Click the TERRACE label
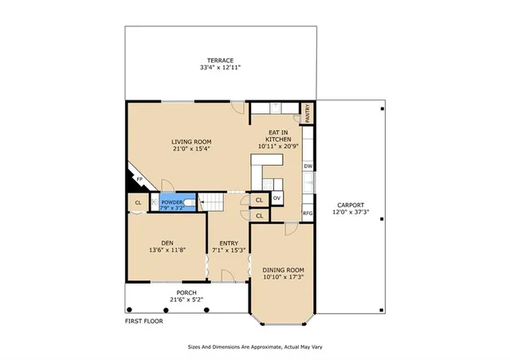tap(220, 61)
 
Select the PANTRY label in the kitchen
tap(308, 114)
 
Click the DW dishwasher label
tap(307, 166)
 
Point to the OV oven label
tap(277, 198)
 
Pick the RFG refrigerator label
tap(307, 213)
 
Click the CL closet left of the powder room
tap(138, 203)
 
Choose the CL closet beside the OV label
tap(260, 200)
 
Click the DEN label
tap(167, 243)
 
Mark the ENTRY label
tap(229, 243)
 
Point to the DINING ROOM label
tap(283, 270)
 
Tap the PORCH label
tap(186, 292)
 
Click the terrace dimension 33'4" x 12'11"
tap(220, 68)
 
